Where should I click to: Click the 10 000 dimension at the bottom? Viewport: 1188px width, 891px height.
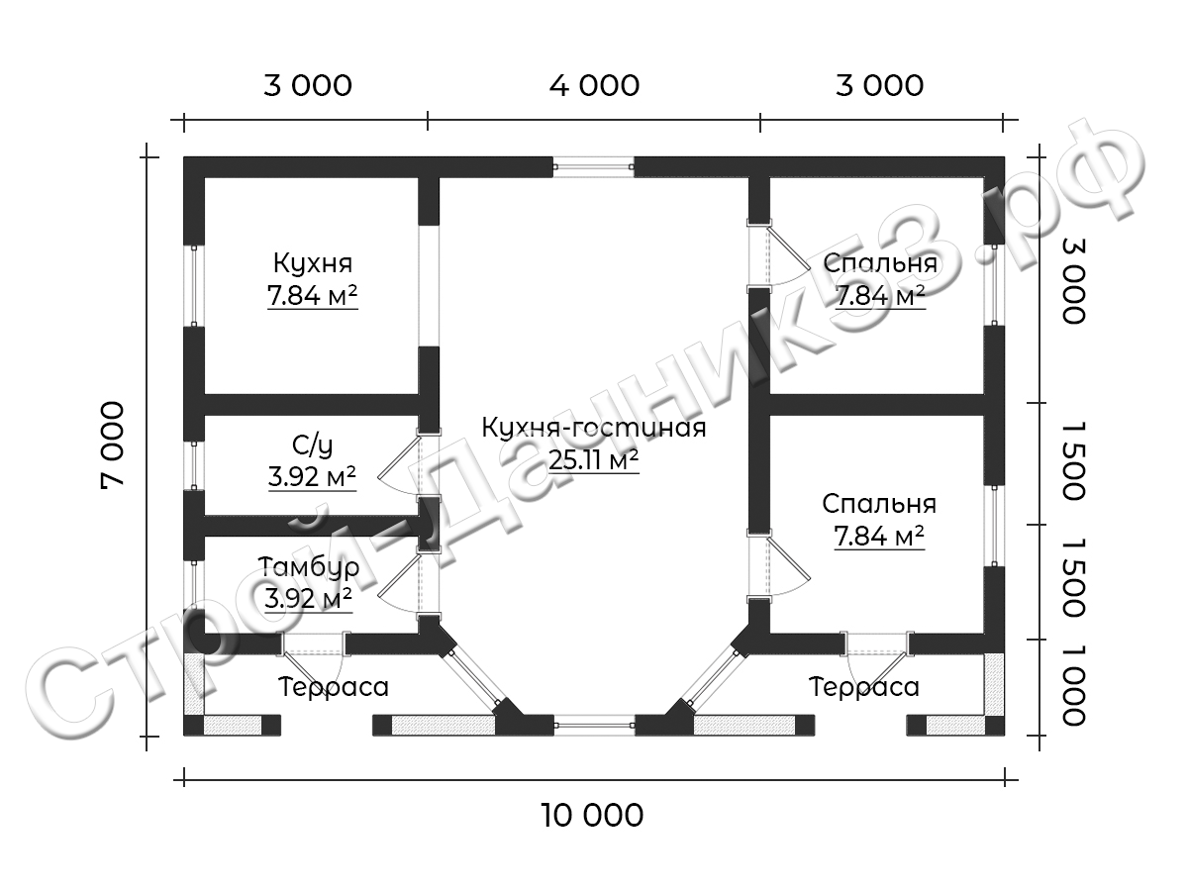tap(592, 815)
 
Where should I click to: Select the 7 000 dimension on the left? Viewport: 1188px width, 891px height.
tap(113, 445)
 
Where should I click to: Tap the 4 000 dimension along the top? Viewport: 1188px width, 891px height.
tap(594, 85)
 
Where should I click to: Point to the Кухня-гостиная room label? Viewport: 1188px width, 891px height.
tap(594, 428)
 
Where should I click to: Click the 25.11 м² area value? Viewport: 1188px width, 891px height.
tap(594, 459)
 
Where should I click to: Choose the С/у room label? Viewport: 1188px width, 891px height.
tap(312, 445)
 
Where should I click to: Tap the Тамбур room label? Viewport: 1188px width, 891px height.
tap(309, 567)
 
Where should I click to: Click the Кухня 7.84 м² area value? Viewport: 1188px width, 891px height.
tap(312, 295)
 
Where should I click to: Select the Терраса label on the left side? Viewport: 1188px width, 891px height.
tap(334, 687)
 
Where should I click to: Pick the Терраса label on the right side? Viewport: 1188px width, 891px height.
tap(864, 687)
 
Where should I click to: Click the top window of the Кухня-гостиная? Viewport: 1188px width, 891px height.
tap(593, 167)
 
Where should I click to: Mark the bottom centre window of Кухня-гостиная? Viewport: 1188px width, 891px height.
tap(594, 725)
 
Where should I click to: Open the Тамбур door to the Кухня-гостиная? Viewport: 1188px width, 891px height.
tap(398, 583)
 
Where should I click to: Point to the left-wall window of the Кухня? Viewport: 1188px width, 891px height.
tap(194, 286)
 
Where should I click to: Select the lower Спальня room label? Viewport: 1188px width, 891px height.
tap(879, 504)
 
